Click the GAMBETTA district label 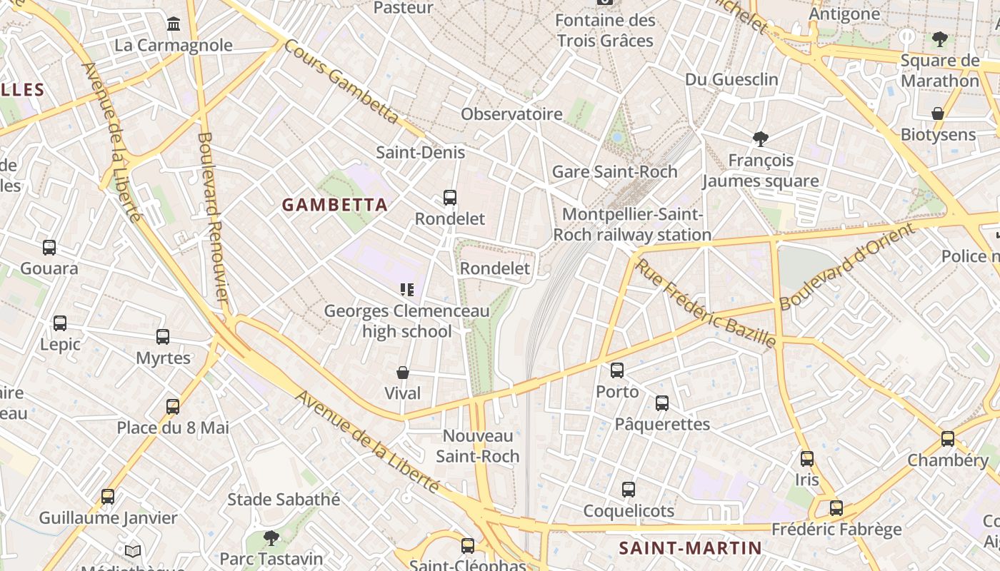[x=335, y=206]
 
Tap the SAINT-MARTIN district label [x=690, y=548]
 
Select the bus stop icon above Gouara [x=49, y=248]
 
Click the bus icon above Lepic [x=60, y=323]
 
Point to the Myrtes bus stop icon [x=163, y=337]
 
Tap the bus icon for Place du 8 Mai [x=173, y=407]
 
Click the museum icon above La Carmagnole [x=174, y=25]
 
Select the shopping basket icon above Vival [x=403, y=373]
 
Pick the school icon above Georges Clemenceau [x=407, y=290]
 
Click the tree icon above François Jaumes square [x=761, y=138]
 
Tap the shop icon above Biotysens [x=938, y=113]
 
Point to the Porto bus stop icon [x=617, y=370]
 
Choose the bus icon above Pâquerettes [x=662, y=403]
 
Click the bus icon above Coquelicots [x=629, y=490]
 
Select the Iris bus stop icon [x=807, y=459]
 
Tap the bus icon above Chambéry [x=948, y=439]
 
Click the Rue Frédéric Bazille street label [x=705, y=303]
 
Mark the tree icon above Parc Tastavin [x=271, y=537]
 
